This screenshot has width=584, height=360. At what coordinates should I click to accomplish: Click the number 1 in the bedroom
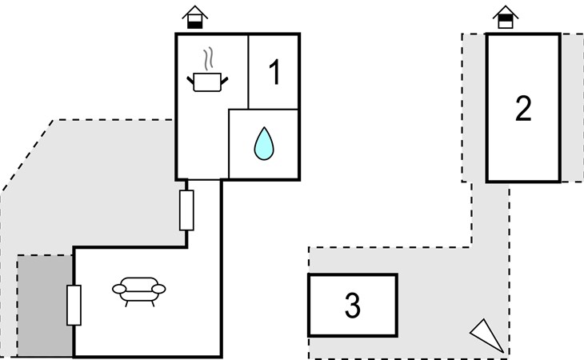[x=275, y=72]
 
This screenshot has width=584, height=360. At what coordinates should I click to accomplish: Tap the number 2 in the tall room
[x=523, y=108]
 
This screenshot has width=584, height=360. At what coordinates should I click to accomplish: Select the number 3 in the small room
[x=352, y=306]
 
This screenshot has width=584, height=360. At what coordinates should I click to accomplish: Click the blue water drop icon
[x=264, y=144]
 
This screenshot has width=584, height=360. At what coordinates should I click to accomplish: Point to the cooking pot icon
[x=207, y=82]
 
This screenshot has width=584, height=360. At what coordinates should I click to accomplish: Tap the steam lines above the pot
[x=209, y=58]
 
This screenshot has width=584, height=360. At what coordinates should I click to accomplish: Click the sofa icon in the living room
[x=139, y=291]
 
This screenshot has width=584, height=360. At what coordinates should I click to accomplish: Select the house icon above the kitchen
[x=194, y=17]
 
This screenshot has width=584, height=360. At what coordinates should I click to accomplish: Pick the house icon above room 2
[x=506, y=17]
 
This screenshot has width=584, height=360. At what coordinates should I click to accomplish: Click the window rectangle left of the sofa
[x=74, y=306]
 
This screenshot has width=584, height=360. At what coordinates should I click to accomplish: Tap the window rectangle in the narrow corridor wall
[x=186, y=210]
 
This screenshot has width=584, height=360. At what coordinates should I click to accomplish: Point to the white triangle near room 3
[x=488, y=335]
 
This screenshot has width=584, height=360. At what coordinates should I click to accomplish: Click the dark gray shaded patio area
[x=45, y=306]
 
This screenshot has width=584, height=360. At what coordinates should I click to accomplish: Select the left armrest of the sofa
[x=119, y=289]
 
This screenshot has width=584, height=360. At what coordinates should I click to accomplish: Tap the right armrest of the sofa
[x=158, y=289]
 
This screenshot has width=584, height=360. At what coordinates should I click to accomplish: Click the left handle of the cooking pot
[x=190, y=80]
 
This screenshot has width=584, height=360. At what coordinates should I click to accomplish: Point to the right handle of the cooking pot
[x=224, y=80]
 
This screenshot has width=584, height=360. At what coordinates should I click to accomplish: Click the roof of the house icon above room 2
[x=506, y=11]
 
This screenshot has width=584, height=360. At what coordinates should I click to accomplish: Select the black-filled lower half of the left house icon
[x=194, y=25]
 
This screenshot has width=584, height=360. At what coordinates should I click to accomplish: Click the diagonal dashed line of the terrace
[x=27, y=156]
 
